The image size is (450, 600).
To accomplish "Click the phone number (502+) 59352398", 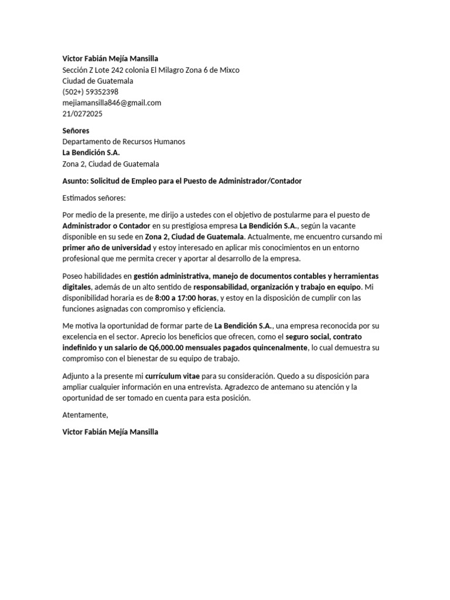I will (x=90, y=92).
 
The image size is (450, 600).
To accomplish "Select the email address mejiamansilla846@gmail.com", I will (x=111, y=103).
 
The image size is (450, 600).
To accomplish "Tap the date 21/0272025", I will (x=82, y=114).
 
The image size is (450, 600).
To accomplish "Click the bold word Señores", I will (x=76, y=131).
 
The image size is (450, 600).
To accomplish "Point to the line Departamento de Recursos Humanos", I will (x=124, y=142).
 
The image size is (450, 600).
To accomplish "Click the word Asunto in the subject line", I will (x=74, y=181).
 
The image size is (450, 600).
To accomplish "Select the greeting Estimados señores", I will (x=94, y=198).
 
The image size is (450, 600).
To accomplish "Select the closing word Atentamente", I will (x=86, y=415).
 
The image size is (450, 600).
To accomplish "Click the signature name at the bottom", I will (x=110, y=432).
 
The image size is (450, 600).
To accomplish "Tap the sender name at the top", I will (x=110, y=59).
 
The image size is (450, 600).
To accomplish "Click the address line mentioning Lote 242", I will (x=151, y=70).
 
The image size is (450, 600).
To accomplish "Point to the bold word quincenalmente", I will (x=274, y=348).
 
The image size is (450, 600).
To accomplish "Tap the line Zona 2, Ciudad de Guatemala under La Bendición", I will (x=111, y=164).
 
